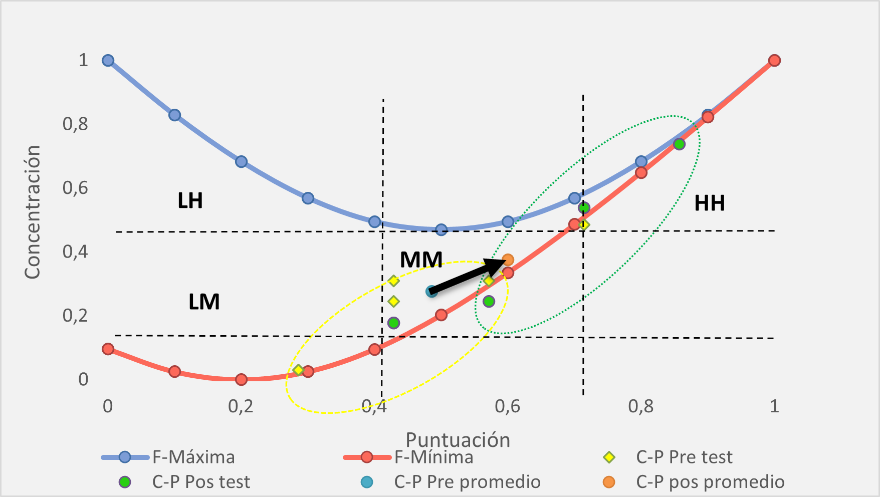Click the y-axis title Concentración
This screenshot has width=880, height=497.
(33, 212)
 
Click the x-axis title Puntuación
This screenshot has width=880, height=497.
(458, 440)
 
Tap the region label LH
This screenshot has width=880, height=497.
(190, 201)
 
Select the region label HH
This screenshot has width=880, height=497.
(709, 203)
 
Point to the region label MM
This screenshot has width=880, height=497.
(421, 260)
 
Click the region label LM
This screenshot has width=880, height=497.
(204, 302)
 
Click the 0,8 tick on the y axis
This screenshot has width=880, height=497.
(75, 124)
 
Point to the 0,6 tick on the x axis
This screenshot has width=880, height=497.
(507, 406)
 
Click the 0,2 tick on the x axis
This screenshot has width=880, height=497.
(241, 406)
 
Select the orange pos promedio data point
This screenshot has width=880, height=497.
(508, 260)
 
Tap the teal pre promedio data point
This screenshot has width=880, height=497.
(431, 291)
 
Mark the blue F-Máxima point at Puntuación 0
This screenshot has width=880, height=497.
(108, 61)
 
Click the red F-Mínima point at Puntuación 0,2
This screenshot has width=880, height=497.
(241, 379)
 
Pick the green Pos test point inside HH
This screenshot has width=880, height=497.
(679, 144)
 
